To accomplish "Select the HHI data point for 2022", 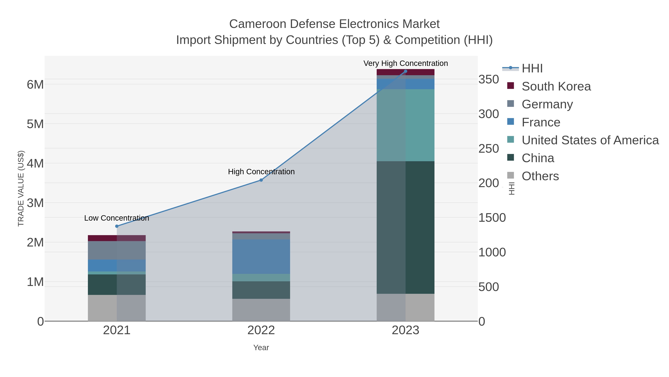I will pyautogui.click(x=261, y=180).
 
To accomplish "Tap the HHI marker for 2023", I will pyautogui.click(x=406, y=71).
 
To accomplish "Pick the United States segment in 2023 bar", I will pyautogui.click(x=406, y=125).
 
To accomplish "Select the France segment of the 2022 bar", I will pyautogui.click(x=261, y=257).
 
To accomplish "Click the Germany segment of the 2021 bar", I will pyautogui.click(x=117, y=250).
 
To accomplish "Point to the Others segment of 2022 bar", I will pyautogui.click(x=261, y=310).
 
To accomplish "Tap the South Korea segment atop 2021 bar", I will pyautogui.click(x=117, y=238).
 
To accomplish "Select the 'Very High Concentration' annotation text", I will pyautogui.click(x=406, y=63).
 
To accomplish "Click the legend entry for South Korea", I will pyautogui.click(x=556, y=86).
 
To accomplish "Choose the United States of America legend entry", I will pyautogui.click(x=590, y=140).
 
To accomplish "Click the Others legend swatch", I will pyautogui.click(x=511, y=176).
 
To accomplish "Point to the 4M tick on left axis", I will pyautogui.click(x=35, y=164).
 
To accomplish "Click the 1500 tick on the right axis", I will pyautogui.click(x=492, y=218).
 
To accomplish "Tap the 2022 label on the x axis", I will pyautogui.click(x=261, y=330).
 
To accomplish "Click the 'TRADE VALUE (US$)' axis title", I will pyautogui.click(x=21, y=188).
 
